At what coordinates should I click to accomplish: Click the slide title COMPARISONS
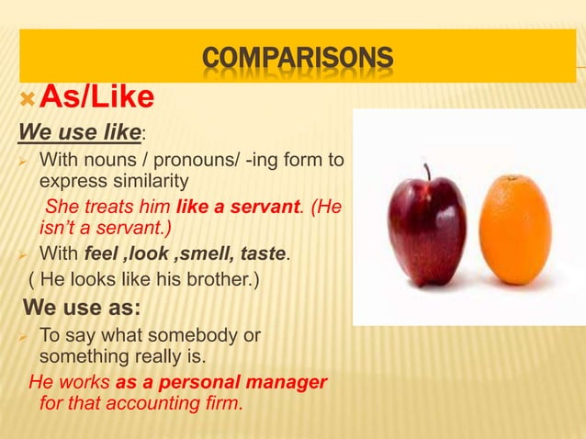tap(297, 60)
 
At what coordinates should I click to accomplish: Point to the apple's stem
tap(427, 172)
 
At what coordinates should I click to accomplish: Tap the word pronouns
tap(159, 161)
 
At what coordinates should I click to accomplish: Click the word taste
tap(264, 252)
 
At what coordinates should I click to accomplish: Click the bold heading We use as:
tap(76, 306)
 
